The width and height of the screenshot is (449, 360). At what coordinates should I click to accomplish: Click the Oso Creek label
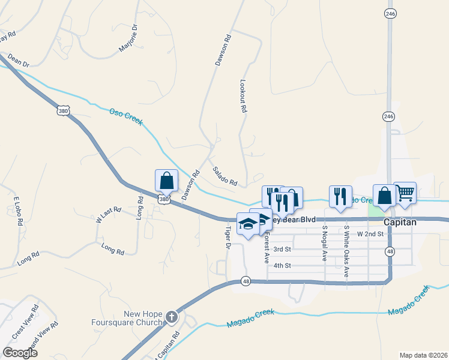tap(125, 116)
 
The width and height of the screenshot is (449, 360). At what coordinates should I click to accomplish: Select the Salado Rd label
tap(225, 176)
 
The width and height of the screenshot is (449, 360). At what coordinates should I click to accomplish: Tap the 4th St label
tap(282, 265)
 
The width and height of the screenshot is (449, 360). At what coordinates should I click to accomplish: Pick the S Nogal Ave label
tap(324, 243)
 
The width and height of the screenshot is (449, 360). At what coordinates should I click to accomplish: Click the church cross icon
tap(172, 316)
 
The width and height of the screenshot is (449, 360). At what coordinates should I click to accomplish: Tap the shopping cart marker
tap(405, 193)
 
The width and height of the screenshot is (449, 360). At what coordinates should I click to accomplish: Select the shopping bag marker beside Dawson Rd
tap(166, 180)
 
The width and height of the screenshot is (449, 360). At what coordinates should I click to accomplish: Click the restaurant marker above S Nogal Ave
tap(340, 197)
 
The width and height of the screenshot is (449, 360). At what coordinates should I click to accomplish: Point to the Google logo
tap(20, 352)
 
